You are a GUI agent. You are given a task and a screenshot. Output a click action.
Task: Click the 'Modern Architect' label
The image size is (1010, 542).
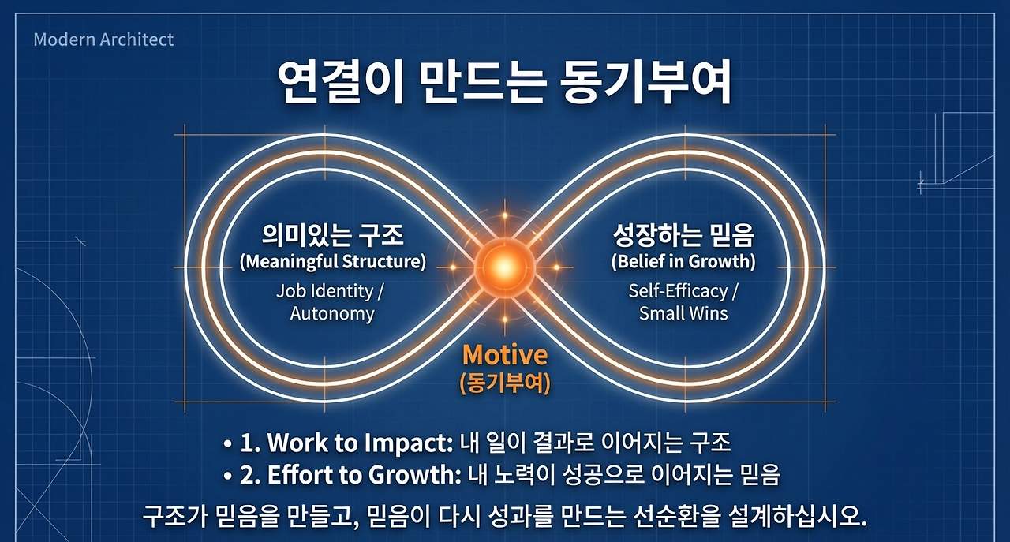103,39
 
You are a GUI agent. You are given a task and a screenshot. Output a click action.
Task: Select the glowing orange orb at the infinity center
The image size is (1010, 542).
504,267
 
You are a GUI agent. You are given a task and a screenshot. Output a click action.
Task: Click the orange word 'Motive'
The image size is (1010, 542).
505,355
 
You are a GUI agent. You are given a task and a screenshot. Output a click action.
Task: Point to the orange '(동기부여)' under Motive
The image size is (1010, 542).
505,383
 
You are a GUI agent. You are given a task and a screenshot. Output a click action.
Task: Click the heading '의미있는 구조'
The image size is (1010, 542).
332,235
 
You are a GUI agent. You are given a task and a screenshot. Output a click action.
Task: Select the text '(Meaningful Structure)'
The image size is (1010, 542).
333,261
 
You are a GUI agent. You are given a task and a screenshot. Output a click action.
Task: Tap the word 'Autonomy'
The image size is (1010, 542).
332,313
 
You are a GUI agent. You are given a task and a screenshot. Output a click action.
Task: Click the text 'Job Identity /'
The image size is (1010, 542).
330,291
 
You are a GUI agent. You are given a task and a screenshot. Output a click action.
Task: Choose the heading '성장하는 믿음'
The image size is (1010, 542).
683,235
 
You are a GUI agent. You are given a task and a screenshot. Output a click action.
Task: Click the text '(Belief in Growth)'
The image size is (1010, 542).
683,261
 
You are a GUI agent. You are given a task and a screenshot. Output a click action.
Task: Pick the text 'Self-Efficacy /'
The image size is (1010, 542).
683,291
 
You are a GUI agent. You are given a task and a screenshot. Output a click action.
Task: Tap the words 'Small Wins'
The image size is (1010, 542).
683,313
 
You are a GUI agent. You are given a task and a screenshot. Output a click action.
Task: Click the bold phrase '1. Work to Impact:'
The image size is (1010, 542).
346,443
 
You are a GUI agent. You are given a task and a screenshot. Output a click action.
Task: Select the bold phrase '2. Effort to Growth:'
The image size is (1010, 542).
350,475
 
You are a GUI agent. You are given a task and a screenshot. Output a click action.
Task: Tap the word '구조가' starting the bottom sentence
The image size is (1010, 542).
174,517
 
